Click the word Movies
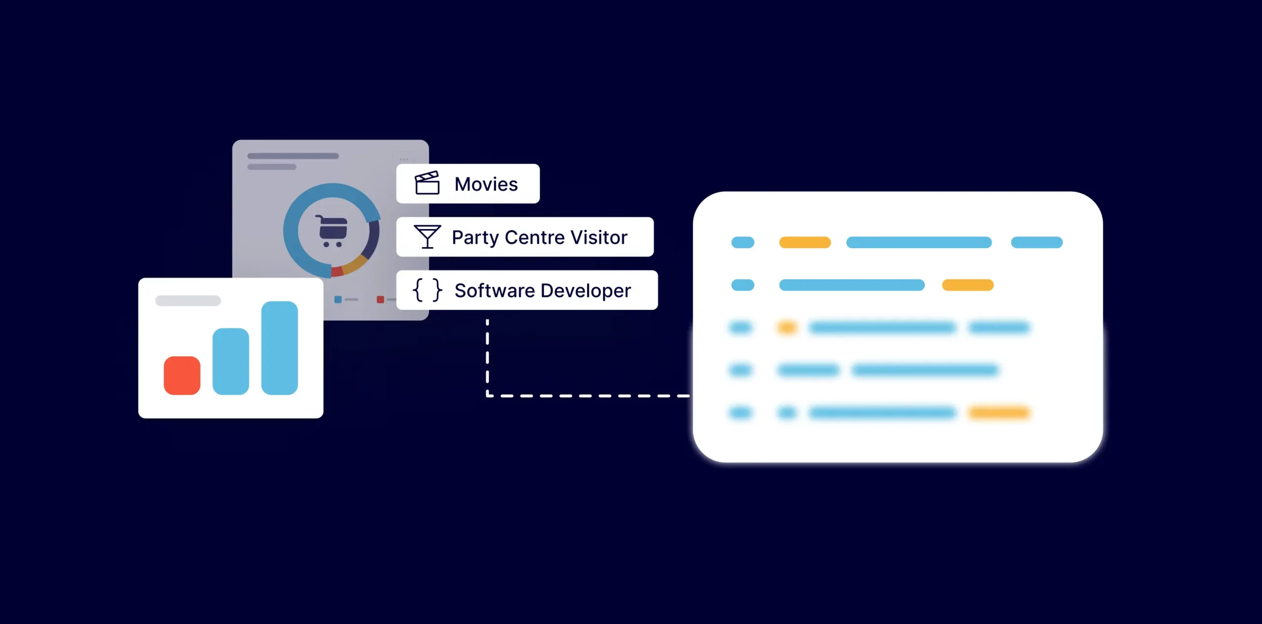pyautogui.click(x=486, y=184)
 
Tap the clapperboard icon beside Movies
pyautogui.click(x=427, y=183)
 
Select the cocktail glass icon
pyautogui.click(x=427, y=237)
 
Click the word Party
pyautogui.click(x=475, y=238)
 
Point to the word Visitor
pyautogui.click(x=599, y=237)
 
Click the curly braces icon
pyautogui.click(x=427, y=290)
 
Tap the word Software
pyautogui.click(x=494, y=291)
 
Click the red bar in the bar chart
pyautogui.click(x=182, y=375)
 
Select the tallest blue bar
pyautogui.click(x=280, y=348)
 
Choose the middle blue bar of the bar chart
pyautogui.click(x=231, y=361)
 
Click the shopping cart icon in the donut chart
pyautogui.click(x=332, y=231)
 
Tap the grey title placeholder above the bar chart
pyautogui.click(x=188, y=301)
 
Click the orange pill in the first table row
pyautogui.click(x=805, y=242)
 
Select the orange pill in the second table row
pyautogui.click(x=967, y=285)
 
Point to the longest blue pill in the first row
pyautogui.click(x=918, y=242)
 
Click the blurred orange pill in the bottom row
pyautogui.click(x=999, y=412)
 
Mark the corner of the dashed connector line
pyautogui.click(x=488, y=396)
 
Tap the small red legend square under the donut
pyautogui.click(x=380, y=299)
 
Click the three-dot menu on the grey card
pyautogui.click(x=404, y=159)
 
